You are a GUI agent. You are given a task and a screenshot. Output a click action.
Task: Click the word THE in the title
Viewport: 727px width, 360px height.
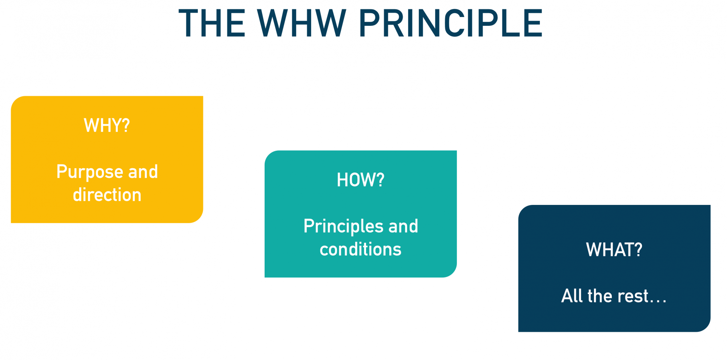point(212,23)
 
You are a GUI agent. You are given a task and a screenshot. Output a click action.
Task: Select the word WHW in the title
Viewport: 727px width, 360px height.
point(301,23)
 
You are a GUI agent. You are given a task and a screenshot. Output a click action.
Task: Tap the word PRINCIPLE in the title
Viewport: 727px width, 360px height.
point(451,23)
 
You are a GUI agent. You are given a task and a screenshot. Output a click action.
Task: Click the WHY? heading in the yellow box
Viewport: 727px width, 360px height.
point(107,125)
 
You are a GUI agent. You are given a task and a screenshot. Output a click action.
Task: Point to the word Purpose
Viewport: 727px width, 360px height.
point(90,172)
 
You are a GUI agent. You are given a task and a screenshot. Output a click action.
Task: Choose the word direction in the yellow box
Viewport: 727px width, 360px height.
point(107,194)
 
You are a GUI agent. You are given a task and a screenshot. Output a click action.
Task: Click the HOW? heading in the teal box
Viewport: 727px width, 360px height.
point(361,180)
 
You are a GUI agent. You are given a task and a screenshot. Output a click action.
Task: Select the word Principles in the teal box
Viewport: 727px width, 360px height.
point(343,227)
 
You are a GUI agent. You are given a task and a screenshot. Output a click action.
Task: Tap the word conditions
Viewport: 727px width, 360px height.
point(361,249)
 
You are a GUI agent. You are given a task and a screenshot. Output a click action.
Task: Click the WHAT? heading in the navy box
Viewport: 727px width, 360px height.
point(614,250)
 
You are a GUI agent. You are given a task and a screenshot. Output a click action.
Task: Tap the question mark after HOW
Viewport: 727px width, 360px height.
point(380,180)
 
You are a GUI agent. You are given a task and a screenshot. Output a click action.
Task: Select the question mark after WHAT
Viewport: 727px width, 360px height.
point(638,250)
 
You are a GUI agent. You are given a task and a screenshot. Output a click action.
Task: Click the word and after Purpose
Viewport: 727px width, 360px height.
point(143,171)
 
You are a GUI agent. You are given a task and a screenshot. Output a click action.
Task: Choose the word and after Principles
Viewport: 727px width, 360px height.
point(403,226)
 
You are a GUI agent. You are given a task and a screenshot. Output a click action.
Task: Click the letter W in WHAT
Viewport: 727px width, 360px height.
point(593,250)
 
